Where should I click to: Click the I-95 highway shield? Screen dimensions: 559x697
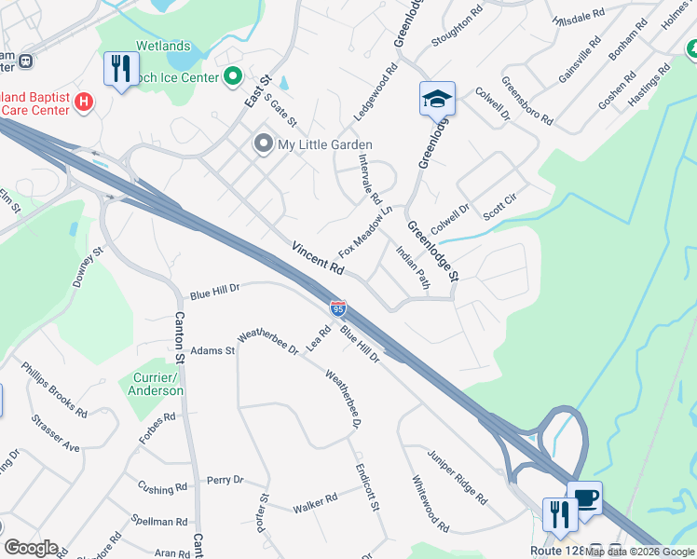(x=338, y=307)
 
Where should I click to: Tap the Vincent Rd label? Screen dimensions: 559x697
(x=318, y=258)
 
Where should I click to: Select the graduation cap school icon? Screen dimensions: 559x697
(x=436, y=98)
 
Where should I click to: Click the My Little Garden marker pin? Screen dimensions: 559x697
(x=263, y=144)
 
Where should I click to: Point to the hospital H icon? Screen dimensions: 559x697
(x=84, y=101)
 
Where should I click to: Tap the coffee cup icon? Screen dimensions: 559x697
(x=584, y=498)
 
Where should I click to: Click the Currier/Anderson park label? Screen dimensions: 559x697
(x=155, y=384)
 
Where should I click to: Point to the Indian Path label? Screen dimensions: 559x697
(x=411, y=267)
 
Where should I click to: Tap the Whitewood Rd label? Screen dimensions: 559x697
(x=430, y=503)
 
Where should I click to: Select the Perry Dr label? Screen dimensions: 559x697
(x=225, y=480)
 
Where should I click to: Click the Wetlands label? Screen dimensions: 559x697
(x=163, y=46)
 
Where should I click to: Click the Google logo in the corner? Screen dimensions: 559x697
(x=31, y=548)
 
